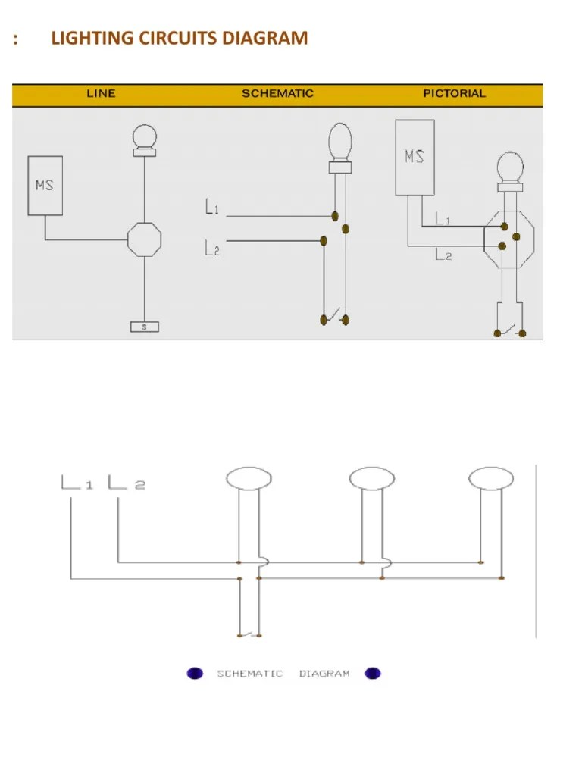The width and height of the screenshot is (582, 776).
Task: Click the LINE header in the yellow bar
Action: (101, 94)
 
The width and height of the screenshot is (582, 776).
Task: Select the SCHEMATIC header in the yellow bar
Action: (277, 94)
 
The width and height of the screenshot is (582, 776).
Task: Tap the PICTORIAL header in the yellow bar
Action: (454, 94)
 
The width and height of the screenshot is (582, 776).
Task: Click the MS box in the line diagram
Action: (45, 186)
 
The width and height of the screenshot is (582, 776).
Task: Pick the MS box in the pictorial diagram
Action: (415, 158)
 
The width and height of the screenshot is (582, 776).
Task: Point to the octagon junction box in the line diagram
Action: (144, 239)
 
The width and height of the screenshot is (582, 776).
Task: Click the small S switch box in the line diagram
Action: (144, 327)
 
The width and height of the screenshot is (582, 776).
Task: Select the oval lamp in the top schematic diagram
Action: (340, 142)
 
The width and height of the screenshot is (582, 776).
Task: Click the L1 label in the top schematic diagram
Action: (212, 206)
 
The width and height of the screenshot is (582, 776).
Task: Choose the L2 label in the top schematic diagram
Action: (212, 247)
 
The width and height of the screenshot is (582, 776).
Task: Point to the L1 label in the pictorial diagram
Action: (443, 219)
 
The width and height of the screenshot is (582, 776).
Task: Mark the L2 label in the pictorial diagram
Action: (443, 255)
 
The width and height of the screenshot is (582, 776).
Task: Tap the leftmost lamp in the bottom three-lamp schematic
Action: (249, 478)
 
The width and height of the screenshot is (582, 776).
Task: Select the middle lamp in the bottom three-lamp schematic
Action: (372, 478)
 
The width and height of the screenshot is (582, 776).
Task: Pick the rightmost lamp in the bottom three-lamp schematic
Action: (491, 478)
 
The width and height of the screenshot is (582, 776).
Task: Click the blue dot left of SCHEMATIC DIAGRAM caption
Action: (195, 673)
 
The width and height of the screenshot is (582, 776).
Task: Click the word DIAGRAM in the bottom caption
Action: (324, 673)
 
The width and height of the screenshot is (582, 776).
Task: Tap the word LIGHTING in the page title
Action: (96, 37)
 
